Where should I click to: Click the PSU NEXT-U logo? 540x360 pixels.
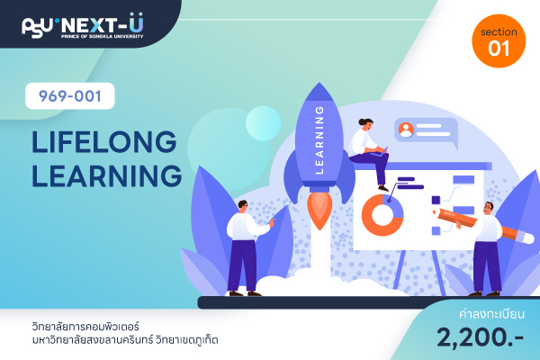tap(83, 25)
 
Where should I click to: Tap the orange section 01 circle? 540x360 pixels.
tap(499, 41)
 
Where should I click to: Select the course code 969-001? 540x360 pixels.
tap(70, 96)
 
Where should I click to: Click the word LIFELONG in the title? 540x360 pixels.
tap(104, 141)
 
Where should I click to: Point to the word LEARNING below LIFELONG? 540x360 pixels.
tap(107, 175)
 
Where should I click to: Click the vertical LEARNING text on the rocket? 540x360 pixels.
tap(319, 139)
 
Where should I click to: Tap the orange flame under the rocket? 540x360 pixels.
tap(319, 210)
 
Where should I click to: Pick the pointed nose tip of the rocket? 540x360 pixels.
tap(319, 83)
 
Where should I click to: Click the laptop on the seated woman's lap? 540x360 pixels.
tap(379, 153)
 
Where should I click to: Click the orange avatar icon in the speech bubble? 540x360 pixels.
tap(406, 130)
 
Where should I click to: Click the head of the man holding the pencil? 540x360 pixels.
tap(489, 208)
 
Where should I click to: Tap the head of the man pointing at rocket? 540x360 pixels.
tap(243, 206)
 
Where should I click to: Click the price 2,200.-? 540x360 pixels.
tap(480, 337)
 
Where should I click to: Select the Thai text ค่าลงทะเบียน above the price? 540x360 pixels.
tap(491, 314)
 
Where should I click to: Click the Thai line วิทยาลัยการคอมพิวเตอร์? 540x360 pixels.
tap(85, 326)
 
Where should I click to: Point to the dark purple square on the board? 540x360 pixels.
tap(436, 200)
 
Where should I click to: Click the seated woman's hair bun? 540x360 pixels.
tap(361, 121)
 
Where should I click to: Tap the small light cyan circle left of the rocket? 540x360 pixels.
tap(263, 123)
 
